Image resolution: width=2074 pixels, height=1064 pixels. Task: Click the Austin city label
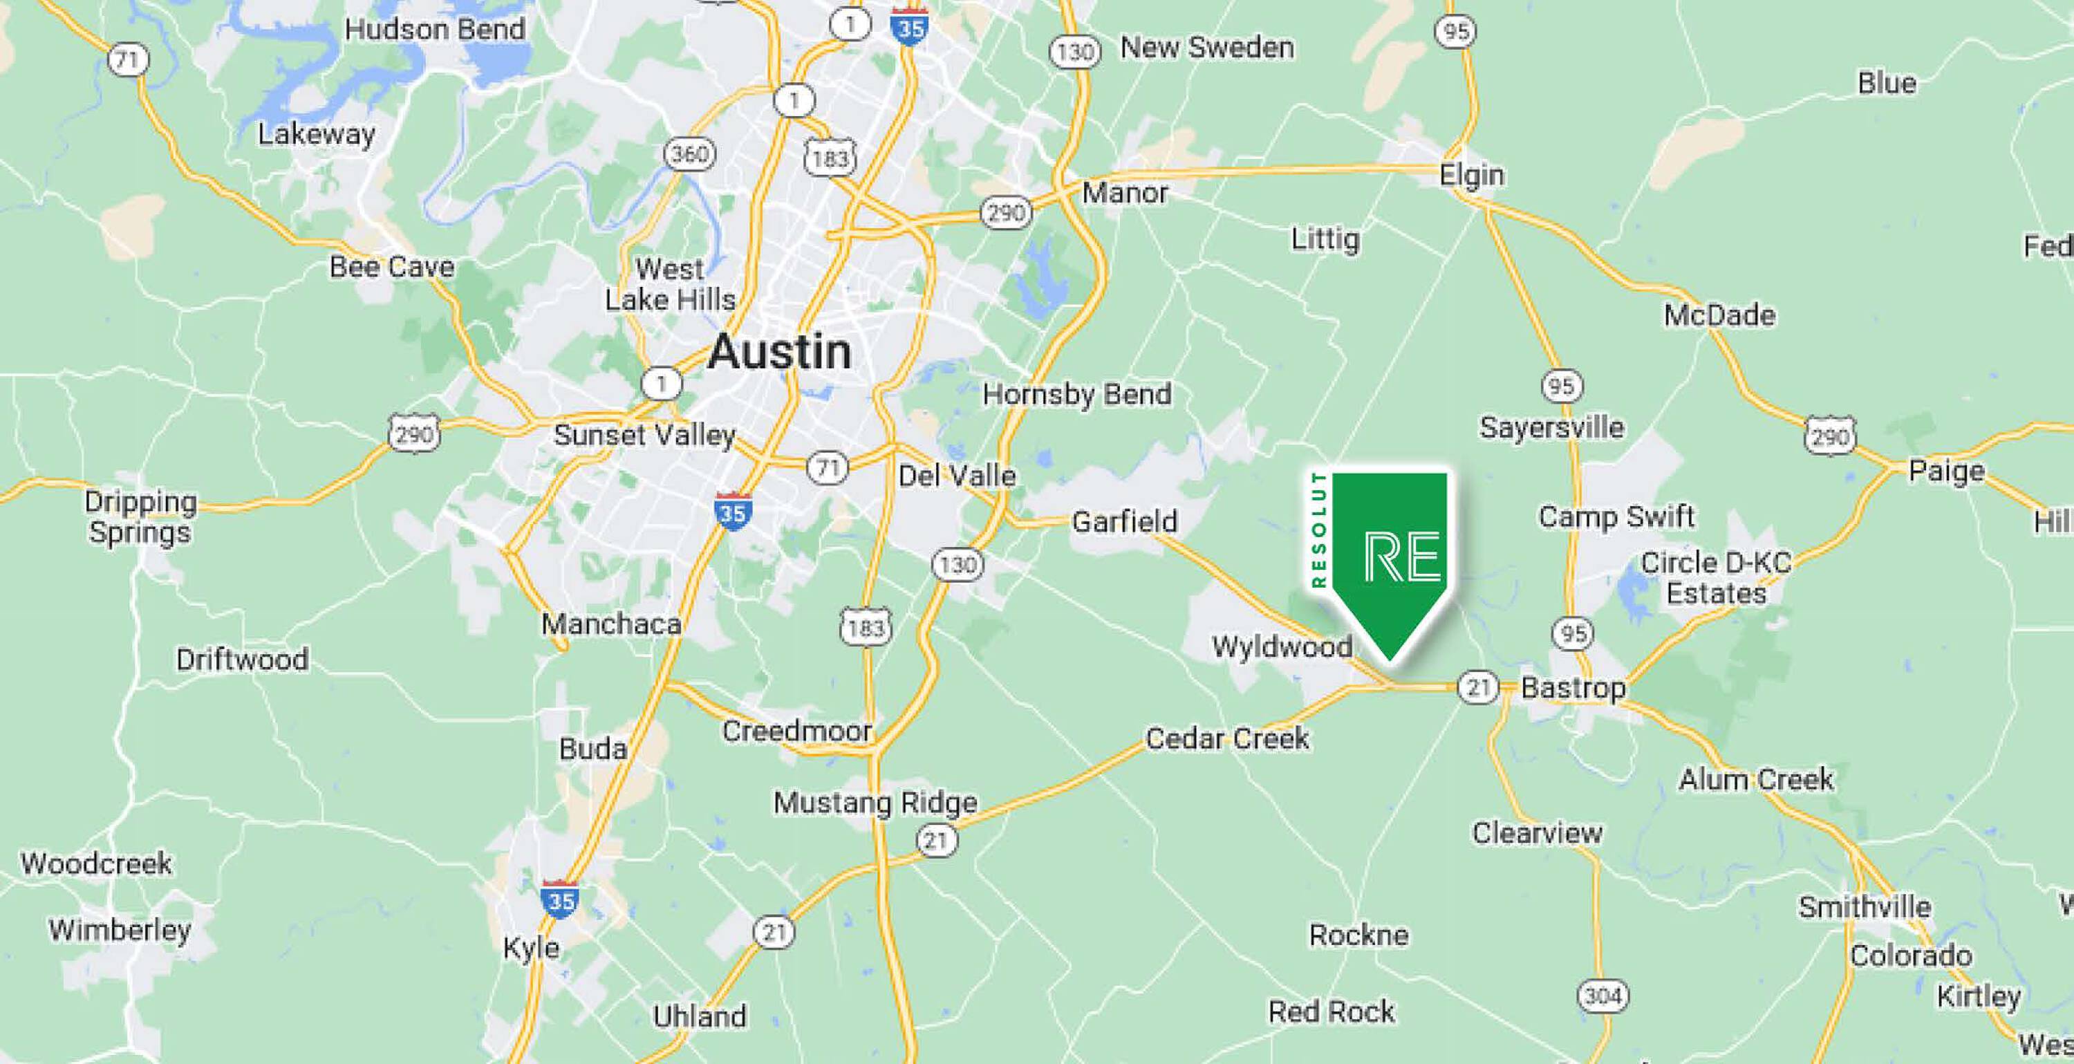tap(779, 352)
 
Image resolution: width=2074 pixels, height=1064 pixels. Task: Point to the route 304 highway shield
tap(1603, 996)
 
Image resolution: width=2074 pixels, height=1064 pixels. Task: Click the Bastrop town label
tap(1572, 688)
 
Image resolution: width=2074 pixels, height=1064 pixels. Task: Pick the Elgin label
tap(1471, 176)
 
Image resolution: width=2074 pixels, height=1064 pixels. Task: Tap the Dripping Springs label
tap(140, 517)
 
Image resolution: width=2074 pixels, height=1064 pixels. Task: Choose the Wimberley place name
tap(120, 931)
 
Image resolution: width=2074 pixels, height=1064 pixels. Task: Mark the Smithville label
tap(1865, 907)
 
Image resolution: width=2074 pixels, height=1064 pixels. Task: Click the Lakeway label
tap(317, 133)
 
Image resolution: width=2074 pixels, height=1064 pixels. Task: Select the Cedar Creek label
tap(1227, 738)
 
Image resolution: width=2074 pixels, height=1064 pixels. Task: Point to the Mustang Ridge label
tap(875, 803)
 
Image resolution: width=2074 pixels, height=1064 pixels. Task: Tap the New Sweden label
tap(1207, 48)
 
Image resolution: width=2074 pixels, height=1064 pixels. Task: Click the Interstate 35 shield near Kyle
tap(561, 899)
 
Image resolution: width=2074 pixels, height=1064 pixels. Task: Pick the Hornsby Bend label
tap(1076, 395)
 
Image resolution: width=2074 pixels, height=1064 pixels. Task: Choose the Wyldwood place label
tap(1282, 646)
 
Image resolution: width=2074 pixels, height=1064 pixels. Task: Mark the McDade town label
tap(1719, 315)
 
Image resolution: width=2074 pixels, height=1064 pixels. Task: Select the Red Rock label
tap(1331, 1011)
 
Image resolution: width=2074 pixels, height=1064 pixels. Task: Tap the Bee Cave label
tap(391, 267)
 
